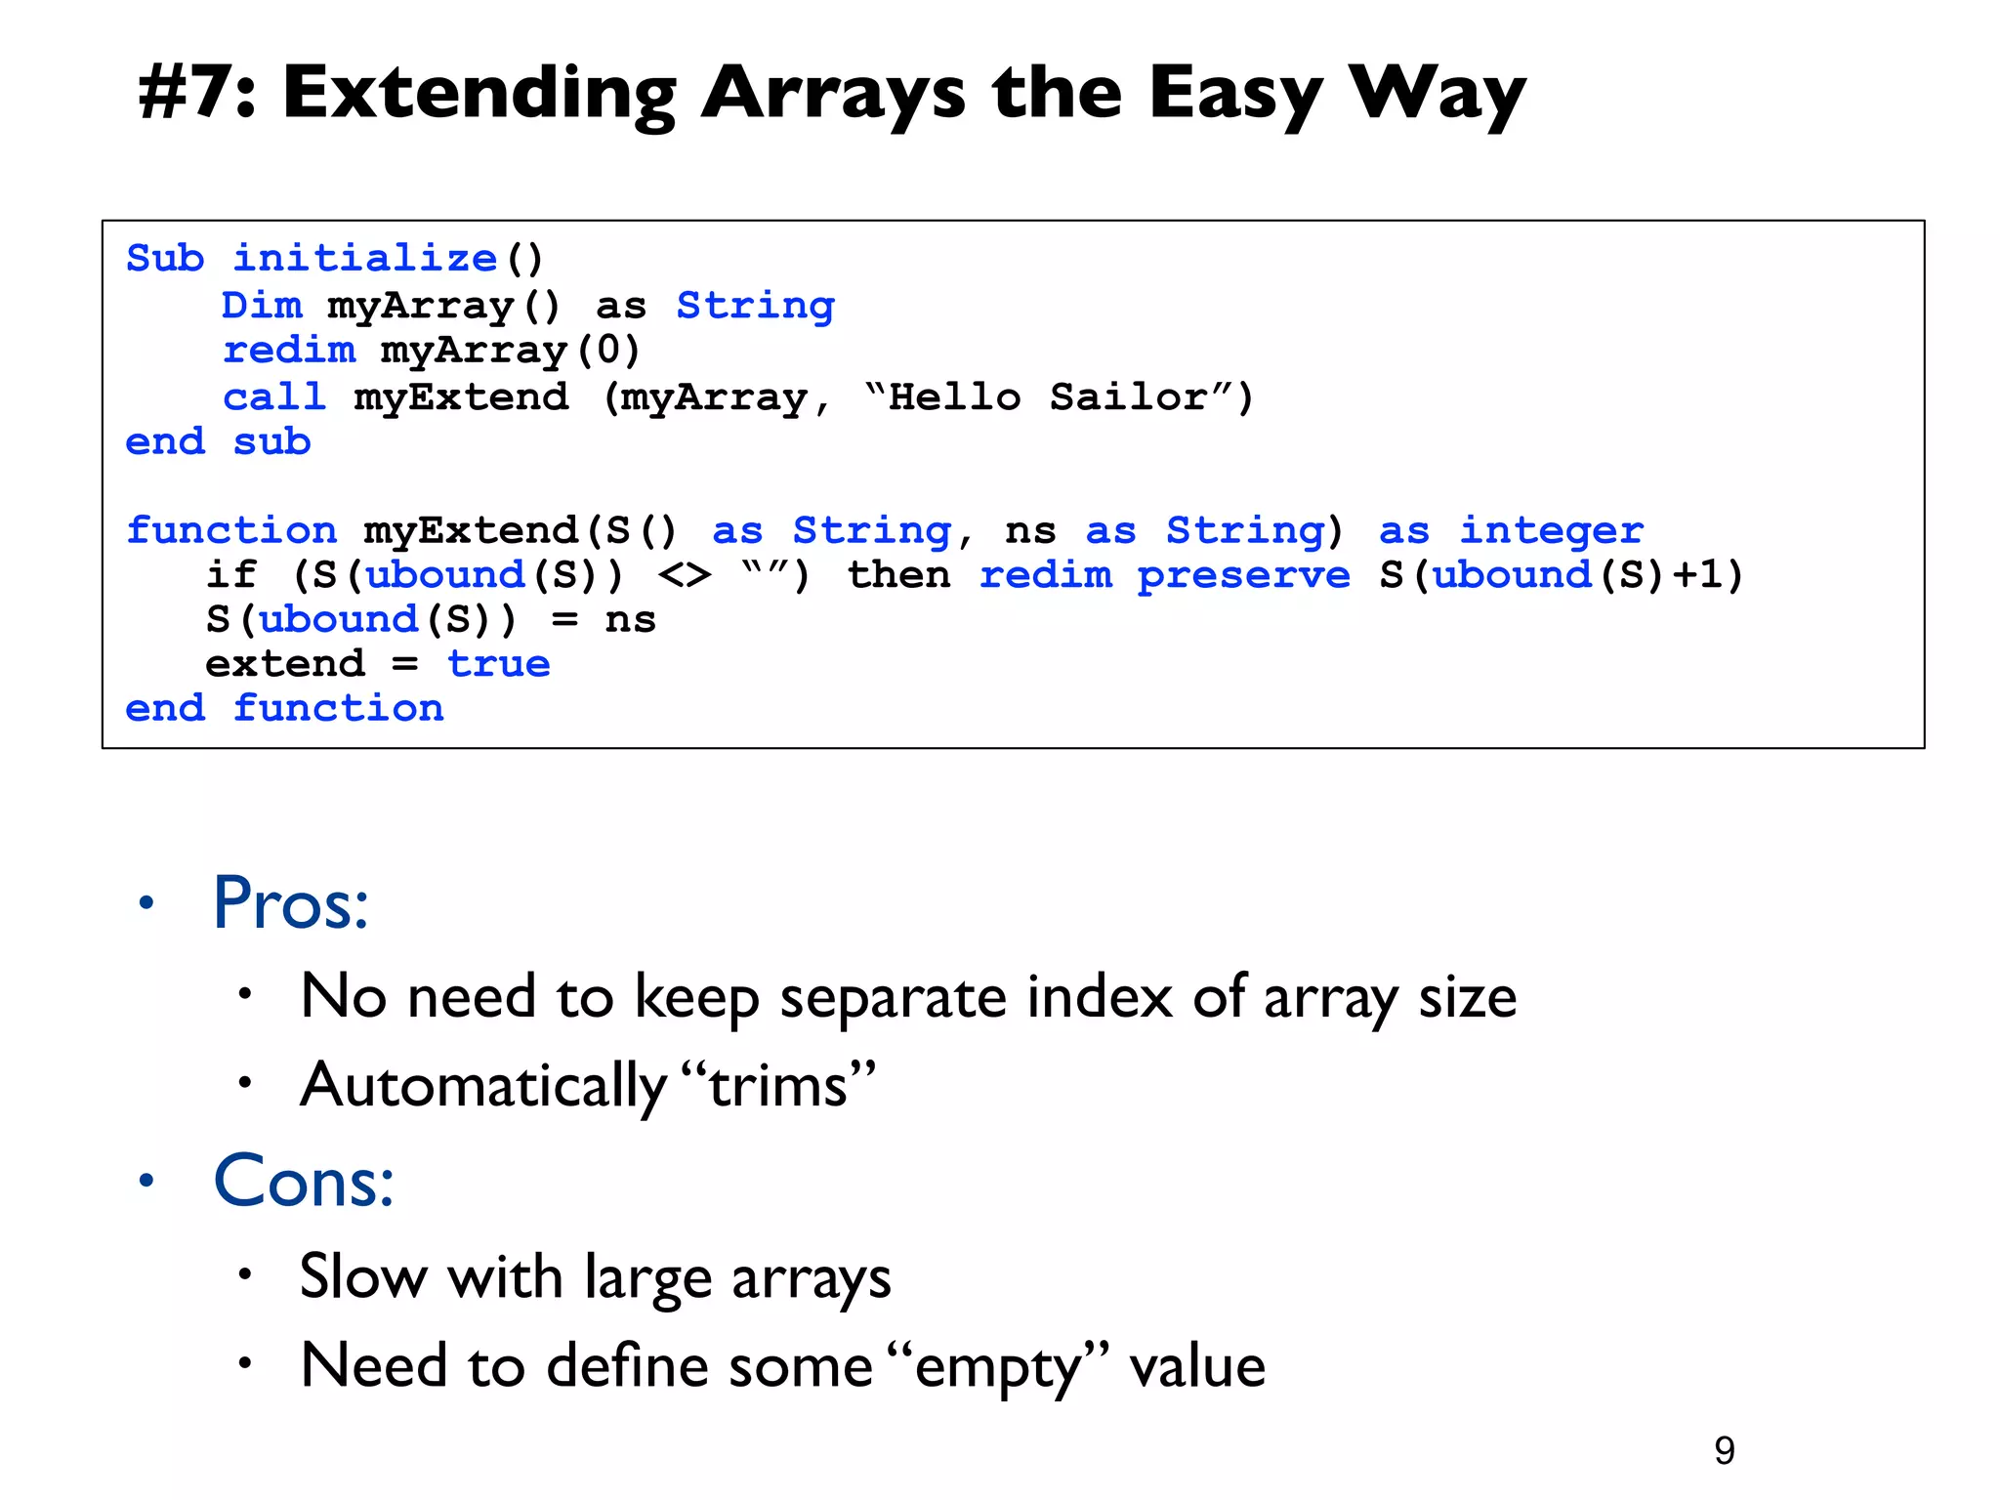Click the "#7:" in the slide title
tap(196, 94)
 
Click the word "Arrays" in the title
tap(833, 94)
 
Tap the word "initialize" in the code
tap(365, 259)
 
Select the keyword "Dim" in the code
tap(262, 306)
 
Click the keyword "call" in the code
tap(274, 397)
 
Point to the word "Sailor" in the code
tap(1128, 397)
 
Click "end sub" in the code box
tap(218, 442)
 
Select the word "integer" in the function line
tap(1551, 530)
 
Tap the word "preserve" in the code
tap(1243, 575)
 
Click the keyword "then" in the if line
tap(898, 575)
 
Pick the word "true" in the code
tap(499, 664)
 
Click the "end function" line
tap(284, 708)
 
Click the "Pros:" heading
tap(291, 903)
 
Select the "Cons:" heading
tap(304, 1182)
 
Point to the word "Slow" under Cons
tap(362, 1277)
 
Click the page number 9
tap(1725, 1451)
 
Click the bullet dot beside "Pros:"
tap(146, 903)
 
